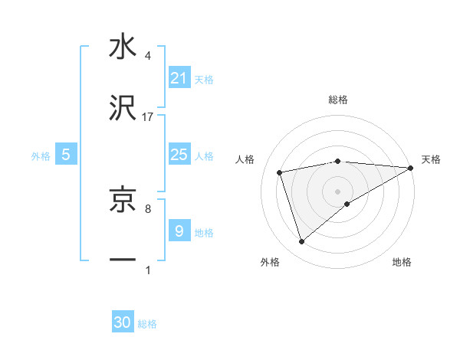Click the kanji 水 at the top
[x=123, y=47]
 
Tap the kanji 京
[x=123, y=201]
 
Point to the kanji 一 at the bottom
[x=123, y=260]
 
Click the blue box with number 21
[x=179, y=77]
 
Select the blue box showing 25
[x=179, y=155]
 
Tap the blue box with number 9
[x=179, y=231]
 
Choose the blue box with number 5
[x=66, y=155]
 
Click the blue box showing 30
[x=123, y=322]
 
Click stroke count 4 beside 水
[x=148, y=56]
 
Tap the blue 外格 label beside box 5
[x=41, y=156]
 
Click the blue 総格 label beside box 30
[x=147, y=324]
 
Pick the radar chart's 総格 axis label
[x=337, y=100]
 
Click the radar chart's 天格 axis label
[x=431, y=159]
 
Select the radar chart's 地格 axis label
[x=402, y=262]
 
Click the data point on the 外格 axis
[x=302, y=242]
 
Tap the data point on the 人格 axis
[x=280, y=172]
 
